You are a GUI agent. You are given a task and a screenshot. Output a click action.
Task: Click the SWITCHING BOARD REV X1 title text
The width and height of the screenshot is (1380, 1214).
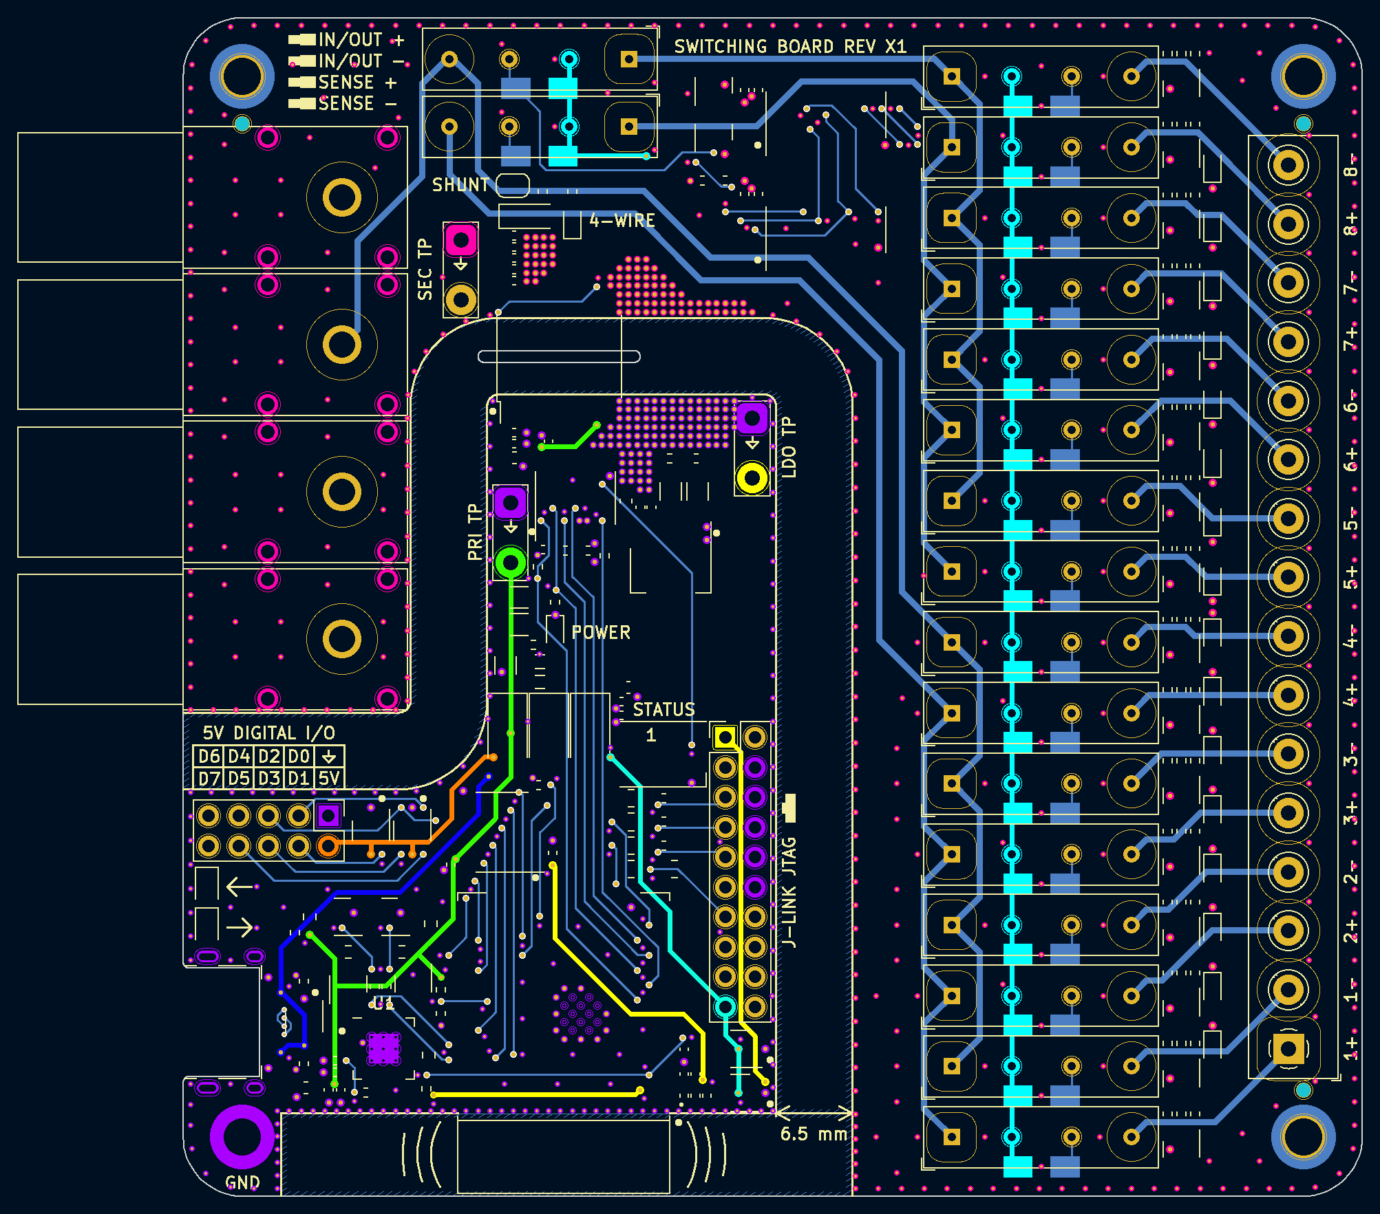tap(790, 46)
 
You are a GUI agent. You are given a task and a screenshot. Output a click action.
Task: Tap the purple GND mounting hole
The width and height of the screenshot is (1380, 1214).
tap(242, 1136)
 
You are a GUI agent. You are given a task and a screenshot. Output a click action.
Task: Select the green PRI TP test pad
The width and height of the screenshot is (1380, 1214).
tap(511, 563)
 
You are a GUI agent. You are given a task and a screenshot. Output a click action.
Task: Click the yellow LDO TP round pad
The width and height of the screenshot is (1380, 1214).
tap(752, 478)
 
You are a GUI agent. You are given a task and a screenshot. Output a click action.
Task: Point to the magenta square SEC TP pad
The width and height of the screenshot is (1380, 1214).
tap(460, 241)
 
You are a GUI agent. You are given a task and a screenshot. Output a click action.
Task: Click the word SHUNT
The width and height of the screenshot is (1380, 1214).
tap(460, 184)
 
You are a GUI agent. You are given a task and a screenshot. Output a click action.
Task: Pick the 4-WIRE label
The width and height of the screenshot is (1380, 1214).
tap(622, 220)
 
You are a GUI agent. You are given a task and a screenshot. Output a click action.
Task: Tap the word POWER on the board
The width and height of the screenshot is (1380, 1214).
tap(601, 632)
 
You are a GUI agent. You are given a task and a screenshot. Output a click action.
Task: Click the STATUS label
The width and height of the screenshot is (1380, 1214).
tap(664, 709)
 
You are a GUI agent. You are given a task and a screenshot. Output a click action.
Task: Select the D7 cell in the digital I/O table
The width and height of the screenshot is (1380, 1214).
tap(209, 778)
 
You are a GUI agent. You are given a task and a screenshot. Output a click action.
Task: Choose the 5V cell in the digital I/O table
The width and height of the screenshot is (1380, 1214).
tap(329, 778)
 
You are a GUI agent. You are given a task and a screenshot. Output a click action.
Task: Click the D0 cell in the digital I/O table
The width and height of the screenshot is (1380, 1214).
tap(299, 757)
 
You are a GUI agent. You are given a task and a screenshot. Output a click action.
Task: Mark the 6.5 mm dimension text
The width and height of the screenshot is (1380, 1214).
tap(814, 1134)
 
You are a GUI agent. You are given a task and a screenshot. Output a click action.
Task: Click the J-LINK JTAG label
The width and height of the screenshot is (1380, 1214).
tap(789, 892)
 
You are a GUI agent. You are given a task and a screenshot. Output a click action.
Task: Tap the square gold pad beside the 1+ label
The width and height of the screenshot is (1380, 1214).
tap(1288, 1049)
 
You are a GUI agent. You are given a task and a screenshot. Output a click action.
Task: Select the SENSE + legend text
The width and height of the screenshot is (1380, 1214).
tap(357, 83)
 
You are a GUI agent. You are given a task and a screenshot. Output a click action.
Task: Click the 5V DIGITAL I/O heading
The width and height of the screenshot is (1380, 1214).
tap(268, 733)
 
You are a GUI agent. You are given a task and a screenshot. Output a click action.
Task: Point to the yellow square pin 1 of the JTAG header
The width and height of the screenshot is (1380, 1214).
tap(725, 737)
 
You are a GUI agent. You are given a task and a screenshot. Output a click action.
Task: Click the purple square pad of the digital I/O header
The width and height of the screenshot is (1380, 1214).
tap(328, 816)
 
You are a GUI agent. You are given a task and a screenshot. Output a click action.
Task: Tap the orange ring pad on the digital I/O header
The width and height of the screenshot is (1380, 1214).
tap(328, 845)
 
